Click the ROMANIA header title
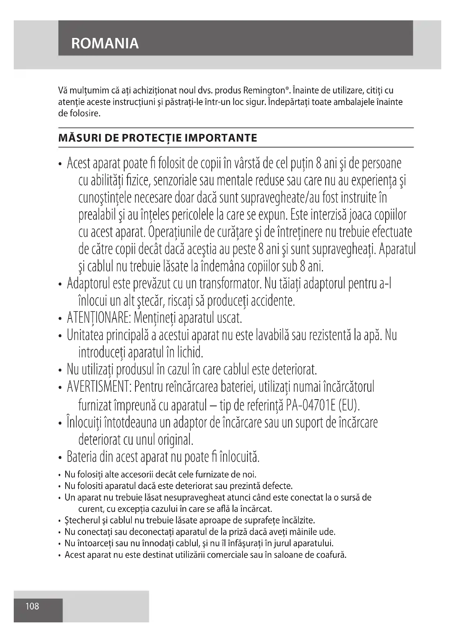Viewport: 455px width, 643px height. click(x=105, y=43)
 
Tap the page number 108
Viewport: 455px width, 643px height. click(x=32, y=606)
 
